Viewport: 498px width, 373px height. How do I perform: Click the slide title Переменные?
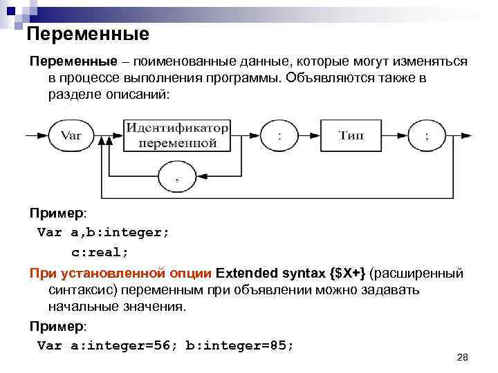click(x=88, y=34)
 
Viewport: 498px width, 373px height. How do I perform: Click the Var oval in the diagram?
click(x=71, y=136)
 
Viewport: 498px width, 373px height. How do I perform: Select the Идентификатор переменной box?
click(x=177, y=136)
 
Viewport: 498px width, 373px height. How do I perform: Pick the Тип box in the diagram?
click(x=352, y=136)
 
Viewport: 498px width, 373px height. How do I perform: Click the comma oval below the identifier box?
click(x=177, y=177)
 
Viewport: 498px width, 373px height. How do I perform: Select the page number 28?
click(x=463, y=357)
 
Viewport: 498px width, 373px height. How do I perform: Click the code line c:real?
click(x=100, y=251)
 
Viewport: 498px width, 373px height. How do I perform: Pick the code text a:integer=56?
click(x=125, y=345)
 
